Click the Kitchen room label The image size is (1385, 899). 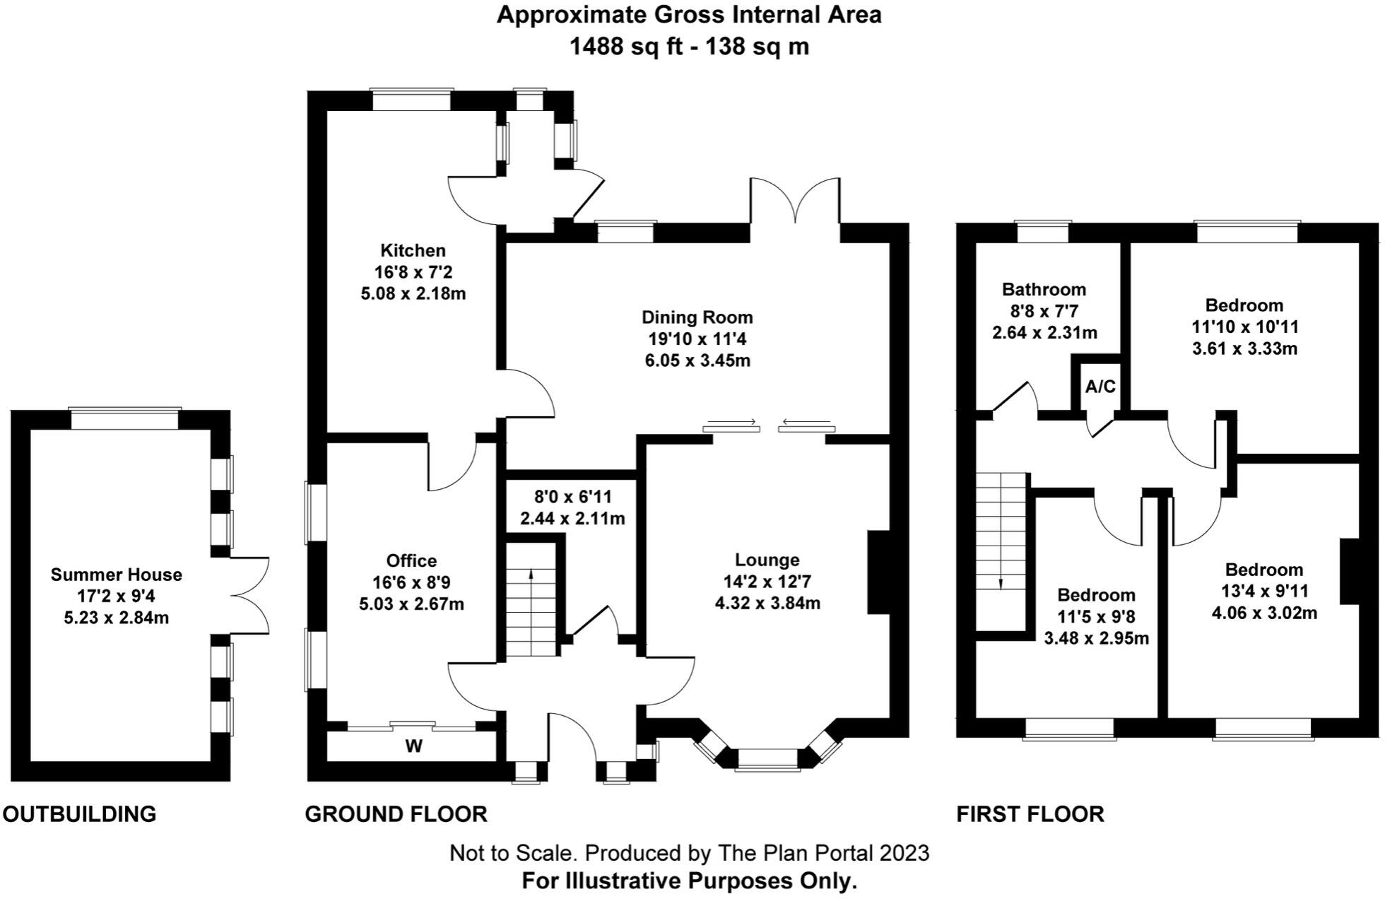click(413, 250)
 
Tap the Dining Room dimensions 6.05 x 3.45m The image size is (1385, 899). click(697, 360)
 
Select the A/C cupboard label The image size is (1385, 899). click(1100, 387)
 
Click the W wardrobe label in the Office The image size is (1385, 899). click(414, 746)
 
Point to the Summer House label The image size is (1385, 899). click(117, 575)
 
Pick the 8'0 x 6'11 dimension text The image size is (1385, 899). click(572, 497)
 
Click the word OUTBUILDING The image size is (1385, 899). click(79, 814)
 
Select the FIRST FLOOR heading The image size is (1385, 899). click(1030, 814)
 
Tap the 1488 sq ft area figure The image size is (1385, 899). click(613, 47)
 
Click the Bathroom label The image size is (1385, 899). click(1044, 289)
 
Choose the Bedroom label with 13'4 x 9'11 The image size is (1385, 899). click(1263, 570)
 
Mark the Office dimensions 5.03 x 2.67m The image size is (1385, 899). click(412, 604)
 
